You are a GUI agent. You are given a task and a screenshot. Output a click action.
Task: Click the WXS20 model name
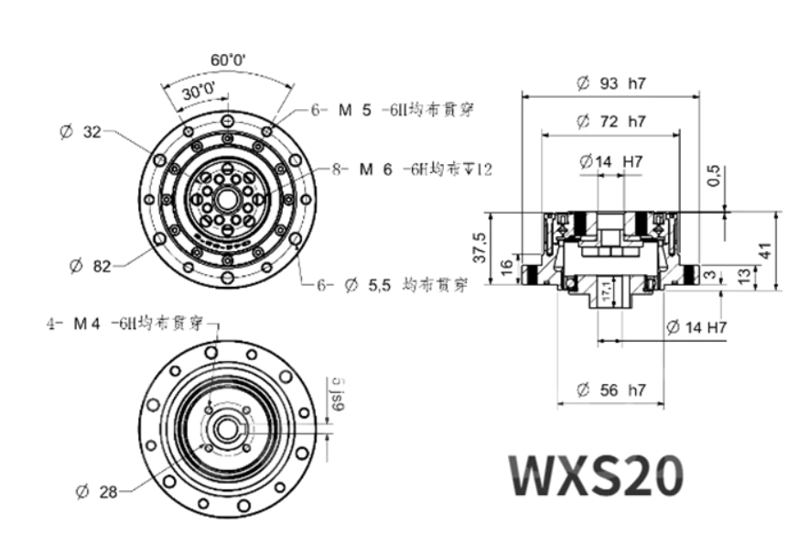tap(597, 475)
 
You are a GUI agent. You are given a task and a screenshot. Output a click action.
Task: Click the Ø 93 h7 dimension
tap(610, 83)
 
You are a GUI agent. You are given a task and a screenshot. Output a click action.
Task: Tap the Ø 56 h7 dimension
tap(610, 390)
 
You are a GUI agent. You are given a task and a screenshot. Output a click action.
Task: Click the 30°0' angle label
tap(198, 93)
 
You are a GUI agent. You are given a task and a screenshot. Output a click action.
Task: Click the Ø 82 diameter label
tap(90, 267)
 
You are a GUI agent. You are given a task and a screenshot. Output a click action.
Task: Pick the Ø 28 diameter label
tap(96, 492)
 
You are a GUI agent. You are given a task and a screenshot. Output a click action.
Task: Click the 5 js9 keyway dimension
tap(337, 395)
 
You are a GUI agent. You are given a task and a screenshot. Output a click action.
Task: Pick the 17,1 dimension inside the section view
tap(605, 293)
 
